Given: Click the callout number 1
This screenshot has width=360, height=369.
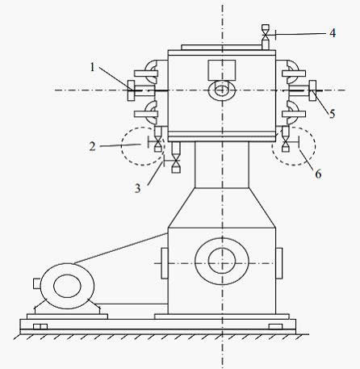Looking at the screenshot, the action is coord(93,67).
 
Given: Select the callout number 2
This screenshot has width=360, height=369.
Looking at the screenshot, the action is coord(92,147).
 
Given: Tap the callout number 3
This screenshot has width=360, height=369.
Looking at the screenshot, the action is coord(137,188).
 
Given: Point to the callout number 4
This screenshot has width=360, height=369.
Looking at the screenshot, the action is coord(333,33).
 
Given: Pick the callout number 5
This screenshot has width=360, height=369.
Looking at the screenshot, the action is coord(333,114).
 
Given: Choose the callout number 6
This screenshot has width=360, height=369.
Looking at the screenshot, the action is coord(318,174).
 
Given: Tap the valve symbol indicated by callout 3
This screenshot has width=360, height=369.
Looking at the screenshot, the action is coord(176,161).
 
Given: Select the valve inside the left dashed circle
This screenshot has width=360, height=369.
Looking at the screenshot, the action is coord(158,142).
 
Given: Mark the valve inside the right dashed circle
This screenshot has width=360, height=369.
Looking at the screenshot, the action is coord(286,142).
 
